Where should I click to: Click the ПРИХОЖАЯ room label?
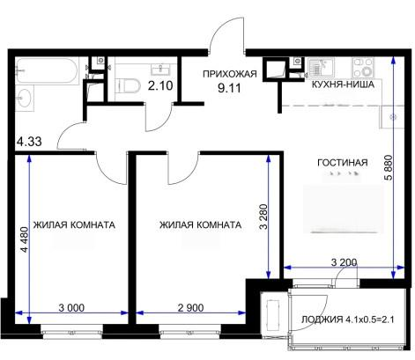click(230, 74)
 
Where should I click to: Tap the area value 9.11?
click(229, 88)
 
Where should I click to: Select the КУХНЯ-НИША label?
click(343, 84)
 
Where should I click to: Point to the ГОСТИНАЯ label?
click(343, 162)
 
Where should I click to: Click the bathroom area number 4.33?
click(29, 142)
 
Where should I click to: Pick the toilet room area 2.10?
click(160, 85)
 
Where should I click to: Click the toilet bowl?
click(128, 85)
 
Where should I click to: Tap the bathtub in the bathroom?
click(47, 70)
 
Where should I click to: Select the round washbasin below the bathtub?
click(25, 98)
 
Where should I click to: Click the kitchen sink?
click(321, 68)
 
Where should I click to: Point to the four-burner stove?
click(363, 67)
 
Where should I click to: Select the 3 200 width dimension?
click(344, 262)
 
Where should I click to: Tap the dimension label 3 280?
click(263, 217)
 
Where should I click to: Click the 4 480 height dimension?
click(25, 239)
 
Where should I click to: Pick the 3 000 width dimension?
click(71, 308)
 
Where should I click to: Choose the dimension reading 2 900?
click(190, 308)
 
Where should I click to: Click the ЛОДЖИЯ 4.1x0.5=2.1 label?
click(347, 320)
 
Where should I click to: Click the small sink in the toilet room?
click(160, 70)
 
